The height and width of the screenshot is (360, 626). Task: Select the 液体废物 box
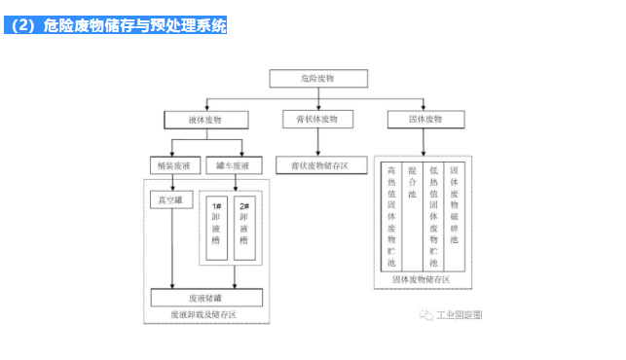[204, 120]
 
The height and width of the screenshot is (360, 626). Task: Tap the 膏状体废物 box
[318, 120]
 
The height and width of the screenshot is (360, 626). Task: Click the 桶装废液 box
[170, 166]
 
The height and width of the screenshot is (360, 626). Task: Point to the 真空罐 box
[170, 201]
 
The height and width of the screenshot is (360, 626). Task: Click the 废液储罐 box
[205, 298]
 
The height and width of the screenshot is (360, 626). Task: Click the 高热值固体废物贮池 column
[390, 216]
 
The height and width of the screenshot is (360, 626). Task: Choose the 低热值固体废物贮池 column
[433, 216]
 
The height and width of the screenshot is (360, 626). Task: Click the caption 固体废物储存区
[422, 279]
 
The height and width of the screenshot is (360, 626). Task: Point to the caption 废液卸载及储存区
[203, 314]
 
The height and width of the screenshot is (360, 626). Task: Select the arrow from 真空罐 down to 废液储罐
[171, 248]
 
